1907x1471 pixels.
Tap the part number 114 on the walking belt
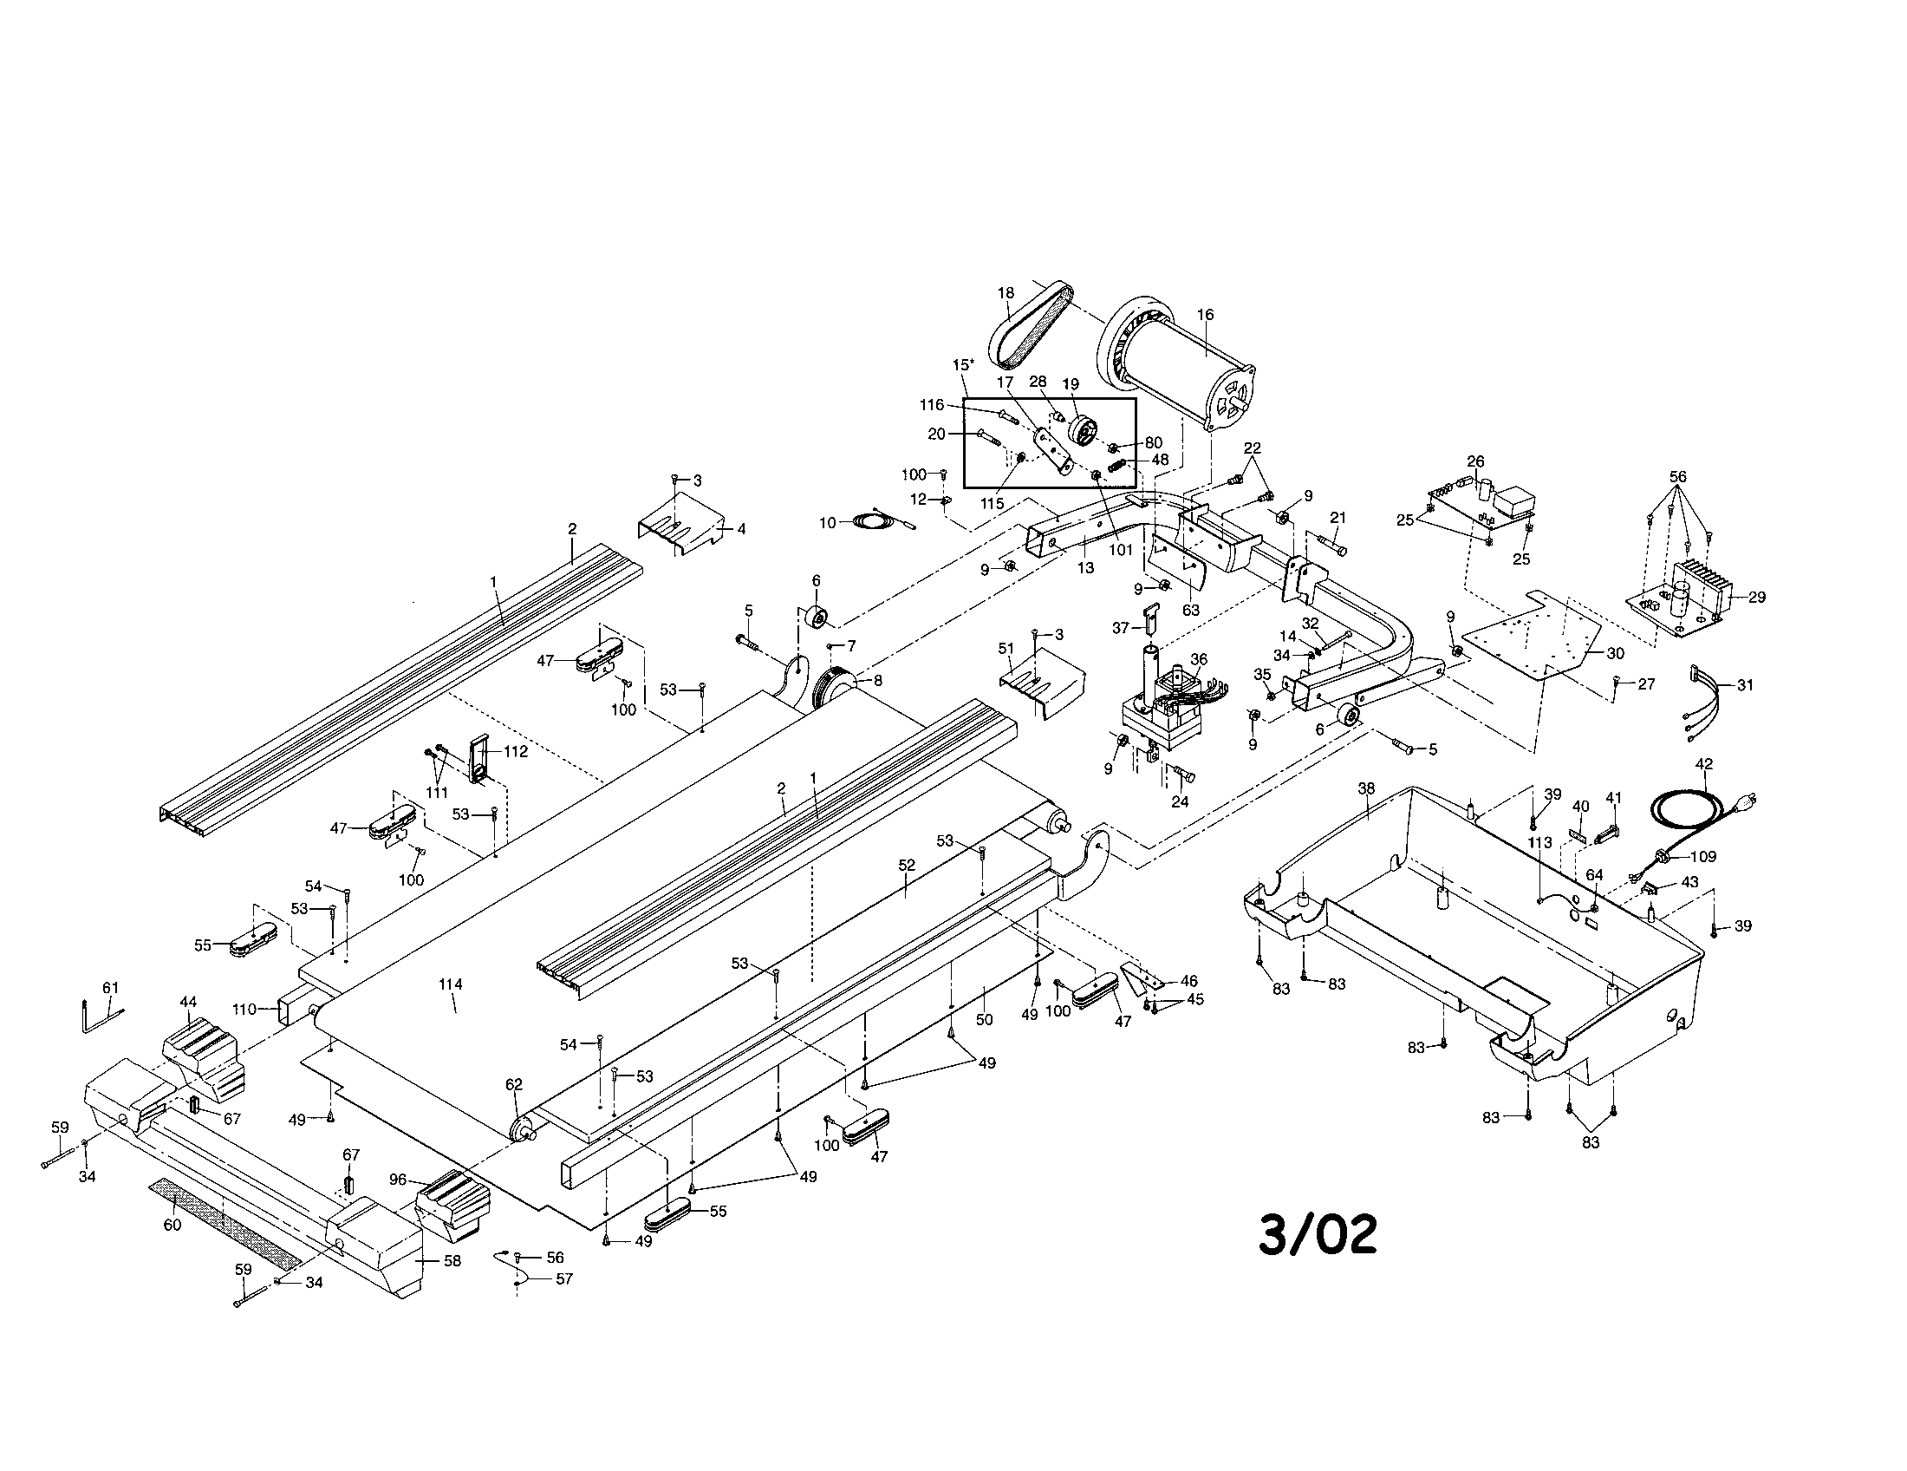coord(451,984)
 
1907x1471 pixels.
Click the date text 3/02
coord(1318,1234)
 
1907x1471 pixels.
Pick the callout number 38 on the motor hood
coord(1366,788)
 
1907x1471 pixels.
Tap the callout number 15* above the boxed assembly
coord(963,363)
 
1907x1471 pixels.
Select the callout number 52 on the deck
coord(907,865)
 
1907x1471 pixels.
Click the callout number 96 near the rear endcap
coord(398,1180)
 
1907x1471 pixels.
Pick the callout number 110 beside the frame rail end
coord(244,1010)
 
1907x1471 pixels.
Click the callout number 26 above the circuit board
coord(1475,461)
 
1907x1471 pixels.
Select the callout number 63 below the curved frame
coord(1191,611)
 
